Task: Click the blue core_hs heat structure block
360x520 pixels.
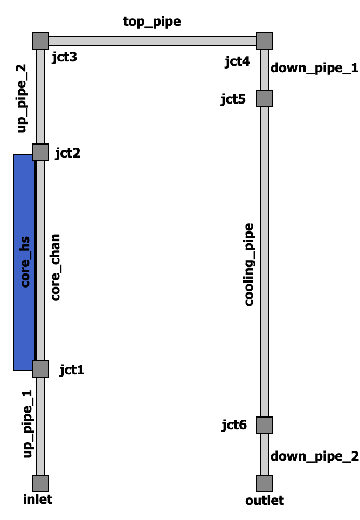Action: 24,262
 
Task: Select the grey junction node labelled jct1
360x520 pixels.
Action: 40,369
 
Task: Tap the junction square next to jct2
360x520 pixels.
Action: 40,152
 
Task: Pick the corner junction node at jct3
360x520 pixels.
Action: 40,41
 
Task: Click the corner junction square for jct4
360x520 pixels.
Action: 265,41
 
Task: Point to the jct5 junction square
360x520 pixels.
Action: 265,98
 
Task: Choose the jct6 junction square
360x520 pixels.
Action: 265,425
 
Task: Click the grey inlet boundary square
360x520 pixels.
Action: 40,483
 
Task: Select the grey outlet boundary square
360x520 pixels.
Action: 265,483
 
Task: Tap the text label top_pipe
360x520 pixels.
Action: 152,22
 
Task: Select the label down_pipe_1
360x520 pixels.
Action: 314,69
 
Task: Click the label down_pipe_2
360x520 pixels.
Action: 314,456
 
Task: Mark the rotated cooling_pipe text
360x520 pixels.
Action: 249,264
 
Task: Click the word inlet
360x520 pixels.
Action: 38,499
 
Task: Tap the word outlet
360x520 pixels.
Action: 265,501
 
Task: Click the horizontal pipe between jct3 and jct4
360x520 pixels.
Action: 152,41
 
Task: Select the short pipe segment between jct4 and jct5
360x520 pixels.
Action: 265,70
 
